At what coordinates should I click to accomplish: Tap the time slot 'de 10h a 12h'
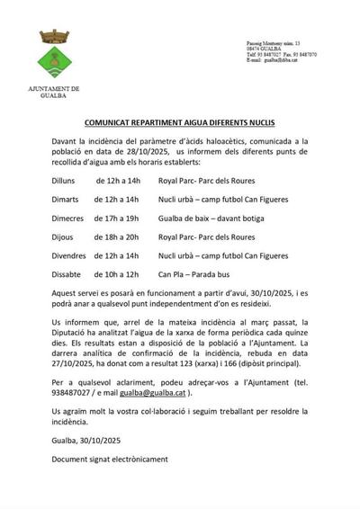[116, 274]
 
